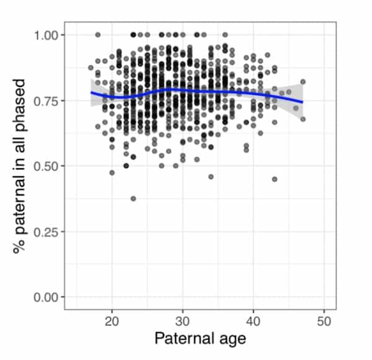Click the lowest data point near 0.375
pyautogui.click(x=133, y=199)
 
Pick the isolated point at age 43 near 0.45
pyautogui.click(x=275, y=179)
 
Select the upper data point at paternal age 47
pyautogui.click(x=303, y=81)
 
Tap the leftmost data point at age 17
pyautogui.click(x=91, y=68)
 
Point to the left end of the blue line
pyautogui.click(x=91, y=92)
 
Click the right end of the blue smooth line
pyautogui.click(x=303, y=102)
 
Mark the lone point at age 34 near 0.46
pyautogui.click(x=211, y=176)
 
